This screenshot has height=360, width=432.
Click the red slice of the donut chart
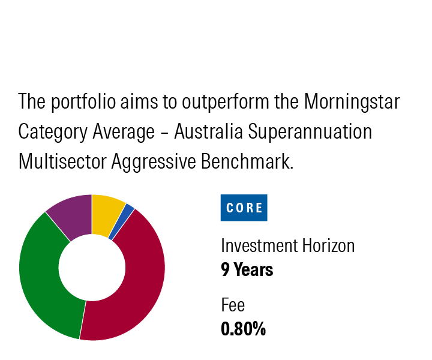(x=138, y=286)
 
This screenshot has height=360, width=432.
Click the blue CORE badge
(x=244, y=208)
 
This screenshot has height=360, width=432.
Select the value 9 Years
(x=247, y=269)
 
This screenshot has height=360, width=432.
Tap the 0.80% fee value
(x=243, y=329)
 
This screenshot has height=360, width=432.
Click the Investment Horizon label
(x=287, y=245)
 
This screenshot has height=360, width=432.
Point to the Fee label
(x=233, y=305)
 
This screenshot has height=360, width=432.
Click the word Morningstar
(x=352, y=101)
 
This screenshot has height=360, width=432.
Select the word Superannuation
(x=310, y=131)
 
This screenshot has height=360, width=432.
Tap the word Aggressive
(x=154, y=161)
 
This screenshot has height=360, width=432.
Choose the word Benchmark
(x=247, y=161)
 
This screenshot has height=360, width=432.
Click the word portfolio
(x=83, y=102)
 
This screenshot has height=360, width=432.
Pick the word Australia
(x=208, y=131)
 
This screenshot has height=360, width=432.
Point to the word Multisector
(x=62, y=161)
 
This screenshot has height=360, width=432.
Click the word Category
(x=53, y=131)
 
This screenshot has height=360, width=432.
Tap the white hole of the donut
(x=92, y=268)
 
